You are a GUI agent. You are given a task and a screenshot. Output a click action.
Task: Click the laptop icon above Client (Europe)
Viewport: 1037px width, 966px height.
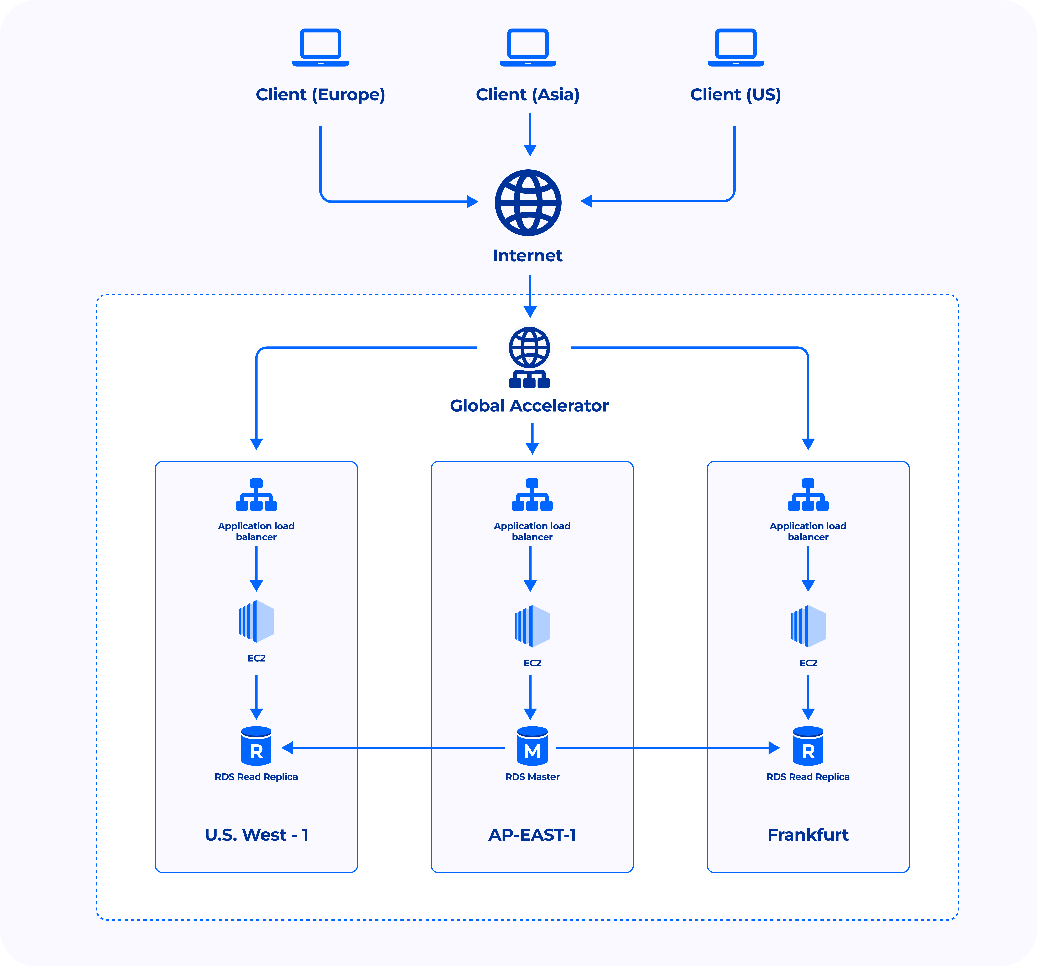[320, 47]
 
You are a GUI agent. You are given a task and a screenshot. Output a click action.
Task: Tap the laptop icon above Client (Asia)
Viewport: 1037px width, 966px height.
[528, 47]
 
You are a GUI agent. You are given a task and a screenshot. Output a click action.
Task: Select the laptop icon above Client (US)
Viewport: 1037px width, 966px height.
[735, 47]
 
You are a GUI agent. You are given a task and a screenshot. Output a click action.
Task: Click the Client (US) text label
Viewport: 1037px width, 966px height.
[735, 94]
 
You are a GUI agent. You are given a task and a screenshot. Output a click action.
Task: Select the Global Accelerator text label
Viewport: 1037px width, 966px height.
[529, 405]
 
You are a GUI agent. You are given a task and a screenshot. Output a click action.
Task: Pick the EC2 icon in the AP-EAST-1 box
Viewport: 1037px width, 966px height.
[532, 626]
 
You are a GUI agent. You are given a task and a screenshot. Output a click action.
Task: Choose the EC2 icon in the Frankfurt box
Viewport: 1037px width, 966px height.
[808, 626]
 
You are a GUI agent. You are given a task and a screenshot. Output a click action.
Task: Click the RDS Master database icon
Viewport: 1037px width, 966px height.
[532, 746]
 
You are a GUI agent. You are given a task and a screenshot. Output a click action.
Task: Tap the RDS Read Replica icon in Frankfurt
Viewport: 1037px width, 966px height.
[808, 746]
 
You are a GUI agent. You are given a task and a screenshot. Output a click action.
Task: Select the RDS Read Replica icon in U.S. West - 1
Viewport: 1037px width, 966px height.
[256, 746]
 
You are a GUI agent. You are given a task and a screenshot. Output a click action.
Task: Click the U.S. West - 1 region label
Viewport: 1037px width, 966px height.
[256, 835]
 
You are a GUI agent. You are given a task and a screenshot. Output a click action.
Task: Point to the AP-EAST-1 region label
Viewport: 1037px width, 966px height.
[532, 835]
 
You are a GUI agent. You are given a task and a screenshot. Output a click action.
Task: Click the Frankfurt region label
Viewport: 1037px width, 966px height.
[808, 835]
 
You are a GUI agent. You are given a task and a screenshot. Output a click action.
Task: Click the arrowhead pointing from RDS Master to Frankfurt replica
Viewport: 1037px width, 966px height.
[774, 748]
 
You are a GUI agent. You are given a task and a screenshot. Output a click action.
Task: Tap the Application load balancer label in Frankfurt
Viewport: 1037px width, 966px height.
[808, 531]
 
